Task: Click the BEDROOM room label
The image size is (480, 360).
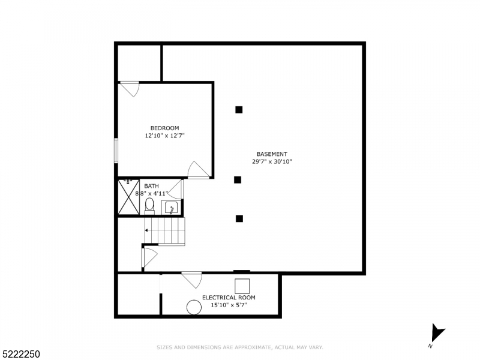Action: (x=164, y=128)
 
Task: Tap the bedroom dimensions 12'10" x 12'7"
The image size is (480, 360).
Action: (x=164, y=136)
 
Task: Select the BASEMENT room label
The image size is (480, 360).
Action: (x=272, y=154)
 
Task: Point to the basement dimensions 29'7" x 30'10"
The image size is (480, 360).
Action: (x=272, y=161)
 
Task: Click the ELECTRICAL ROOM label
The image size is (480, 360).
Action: (x=229, y=298)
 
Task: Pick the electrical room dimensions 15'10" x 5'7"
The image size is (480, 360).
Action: (x=229, y=305)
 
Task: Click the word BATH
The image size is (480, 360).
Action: (x=151, y=186)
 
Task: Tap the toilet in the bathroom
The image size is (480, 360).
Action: (x=149, y=206)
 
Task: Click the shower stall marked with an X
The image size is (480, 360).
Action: (x=128, y=197)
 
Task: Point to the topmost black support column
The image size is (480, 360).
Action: (x=239, y=109)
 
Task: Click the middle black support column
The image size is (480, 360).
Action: (x=238, y=179)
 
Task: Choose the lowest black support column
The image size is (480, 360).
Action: (x=239, y=218)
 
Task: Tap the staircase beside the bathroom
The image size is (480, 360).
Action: (x=166, y=231)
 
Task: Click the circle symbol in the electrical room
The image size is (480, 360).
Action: (x=194, y=307)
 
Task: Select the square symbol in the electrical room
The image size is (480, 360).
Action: (x=242, y=286)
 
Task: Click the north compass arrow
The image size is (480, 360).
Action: (x=437, y=334)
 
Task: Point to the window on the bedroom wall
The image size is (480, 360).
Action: (x=116, y=150)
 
